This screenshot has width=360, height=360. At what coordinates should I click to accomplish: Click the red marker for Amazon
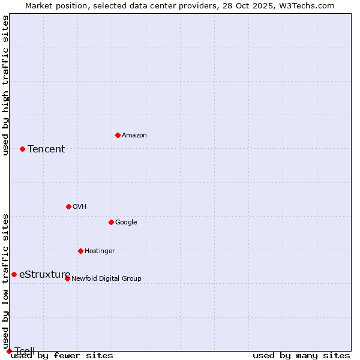pos(118,135)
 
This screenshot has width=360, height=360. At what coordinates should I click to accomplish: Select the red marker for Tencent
pos(22,149)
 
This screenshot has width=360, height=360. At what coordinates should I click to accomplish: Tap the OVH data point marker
pos(68,206)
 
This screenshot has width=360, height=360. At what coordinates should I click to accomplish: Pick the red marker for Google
pos(111,222)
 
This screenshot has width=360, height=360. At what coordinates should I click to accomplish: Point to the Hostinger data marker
pos(80,251)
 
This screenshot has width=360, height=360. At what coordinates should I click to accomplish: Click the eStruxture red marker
pos(14,274)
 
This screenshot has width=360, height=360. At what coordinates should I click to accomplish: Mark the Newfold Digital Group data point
pos(67,278)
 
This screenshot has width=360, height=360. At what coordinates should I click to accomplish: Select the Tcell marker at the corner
pos(9,351)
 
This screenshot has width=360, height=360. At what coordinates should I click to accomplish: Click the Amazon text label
pos(134,136)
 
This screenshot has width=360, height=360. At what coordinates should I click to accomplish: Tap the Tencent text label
pos(46,149)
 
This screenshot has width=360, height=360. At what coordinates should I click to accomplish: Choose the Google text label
pos(126,223)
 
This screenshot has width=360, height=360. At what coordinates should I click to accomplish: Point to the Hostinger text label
pos(100,251)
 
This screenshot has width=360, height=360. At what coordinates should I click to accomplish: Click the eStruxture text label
pos(44,275)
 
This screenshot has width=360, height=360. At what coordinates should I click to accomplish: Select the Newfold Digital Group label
pos(106,279)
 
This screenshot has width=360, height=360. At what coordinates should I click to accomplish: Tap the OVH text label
pos(79,207)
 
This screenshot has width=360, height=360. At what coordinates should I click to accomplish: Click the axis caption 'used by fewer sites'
pos(62,356)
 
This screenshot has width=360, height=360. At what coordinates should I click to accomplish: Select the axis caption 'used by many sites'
pos(301,356)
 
